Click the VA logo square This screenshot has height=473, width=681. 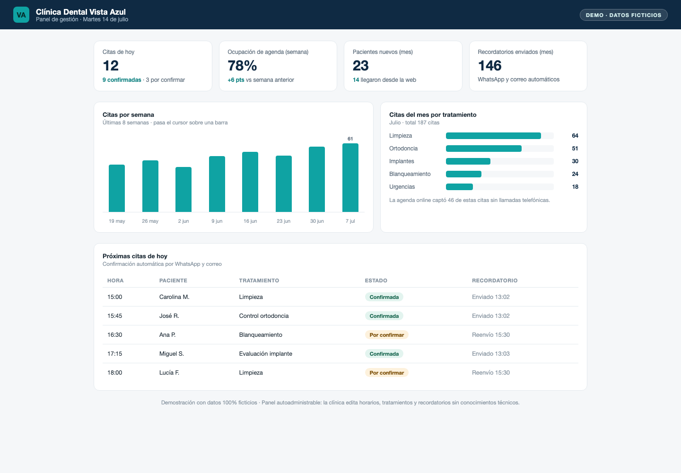coord(21,15)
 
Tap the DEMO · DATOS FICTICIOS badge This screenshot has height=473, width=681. coord(623,15)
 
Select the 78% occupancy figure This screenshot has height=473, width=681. coord(242,66)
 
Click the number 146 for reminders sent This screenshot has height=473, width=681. coord(490,66)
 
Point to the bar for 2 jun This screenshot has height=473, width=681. coord(183,189)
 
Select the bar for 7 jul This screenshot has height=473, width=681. coord(350,177)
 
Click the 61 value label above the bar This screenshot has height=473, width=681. coord(350,139)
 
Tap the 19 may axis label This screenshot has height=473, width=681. coord(117,221)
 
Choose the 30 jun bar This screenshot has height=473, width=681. coord(317,179)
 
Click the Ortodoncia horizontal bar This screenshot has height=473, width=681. coord(484,149)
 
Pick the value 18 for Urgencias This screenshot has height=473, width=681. coord(575,187)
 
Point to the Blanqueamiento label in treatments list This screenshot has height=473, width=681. coord(410,174)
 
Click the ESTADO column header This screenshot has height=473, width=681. coord(376,280)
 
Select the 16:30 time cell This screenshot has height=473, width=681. coord(114,335)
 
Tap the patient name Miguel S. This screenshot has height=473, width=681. coord(172,353)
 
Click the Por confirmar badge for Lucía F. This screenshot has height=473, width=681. coord(387,373)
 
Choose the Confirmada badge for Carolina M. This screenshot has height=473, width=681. coord(384,297)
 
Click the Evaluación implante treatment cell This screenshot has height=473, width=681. coord(265,353)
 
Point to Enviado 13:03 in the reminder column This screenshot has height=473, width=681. coord(491,353)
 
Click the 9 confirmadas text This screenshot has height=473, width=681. coord(122,80)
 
